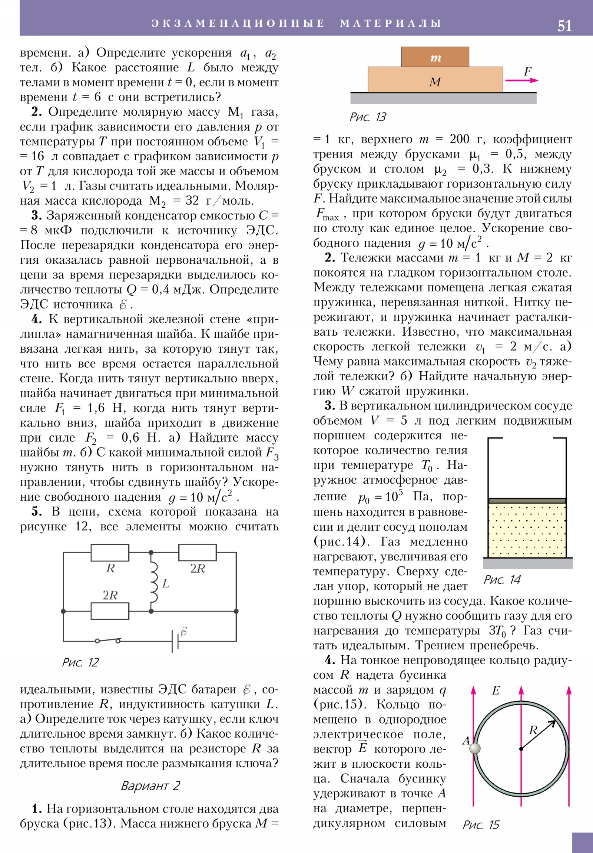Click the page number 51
point(564,26)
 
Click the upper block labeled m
point(435,57)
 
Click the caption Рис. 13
point(368,117)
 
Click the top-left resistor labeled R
point(110,553)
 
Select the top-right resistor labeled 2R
point(197,553)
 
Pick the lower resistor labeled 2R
point(110,611)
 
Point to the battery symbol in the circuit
point(175,641)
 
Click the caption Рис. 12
point(80,662)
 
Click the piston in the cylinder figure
point(527,501)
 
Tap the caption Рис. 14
point(502,580)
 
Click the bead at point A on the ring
point(475,748)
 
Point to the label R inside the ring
point(533,730)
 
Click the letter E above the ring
point(496,690)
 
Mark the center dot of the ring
point(521,749)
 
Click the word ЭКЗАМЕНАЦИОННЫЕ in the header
point(238,23)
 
